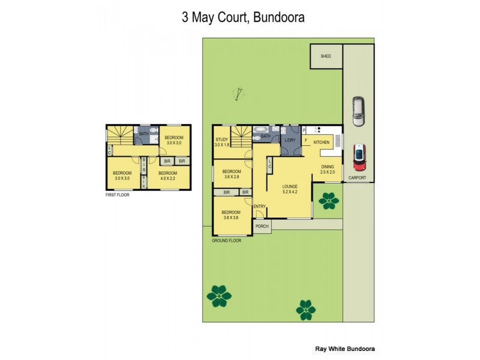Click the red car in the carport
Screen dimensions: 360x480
pyautogui.click(x=359, y=157)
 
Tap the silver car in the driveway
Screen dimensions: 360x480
pyautogui.click(x=358, y=112)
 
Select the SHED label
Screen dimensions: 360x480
pyautogui.click(x=326, y=56)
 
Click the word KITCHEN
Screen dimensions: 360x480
pyautogui.click(x=322, y=143)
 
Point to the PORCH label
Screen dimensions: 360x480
pyautogui.click(x=262, y=227)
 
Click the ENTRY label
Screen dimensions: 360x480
pyautogui.click(x=260, y=207)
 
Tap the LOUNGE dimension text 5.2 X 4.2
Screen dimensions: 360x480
pyautogui.click(x=290, y=193)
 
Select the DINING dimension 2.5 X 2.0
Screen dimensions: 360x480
pyautogui.click(x=328, y=173)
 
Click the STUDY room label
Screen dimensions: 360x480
pyautogui.click(x=222, y=140)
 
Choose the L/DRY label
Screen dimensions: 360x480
pyautogui.click(x=290, y=140)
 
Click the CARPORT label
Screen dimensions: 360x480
pyautogui.click(x=358, y=178)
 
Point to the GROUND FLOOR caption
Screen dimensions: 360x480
pyautogui.click(x=226, y=241)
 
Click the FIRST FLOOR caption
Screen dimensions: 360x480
pyautogui.click(x=118, y=194)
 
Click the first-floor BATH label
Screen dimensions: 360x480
pyautogui.click(x=144, y=134)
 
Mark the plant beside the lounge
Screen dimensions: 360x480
pyautogui.click(x=328, y=200)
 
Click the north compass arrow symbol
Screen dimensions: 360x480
pyautogui.click(x=240, y=94)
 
